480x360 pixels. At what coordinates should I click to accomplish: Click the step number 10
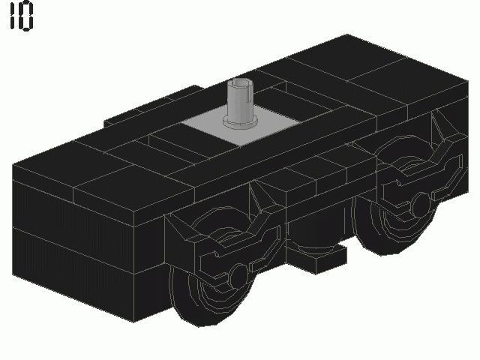(21, 17)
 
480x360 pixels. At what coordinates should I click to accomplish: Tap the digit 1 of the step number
(12, 17)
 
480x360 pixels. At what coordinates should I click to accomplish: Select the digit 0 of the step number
(27, 17)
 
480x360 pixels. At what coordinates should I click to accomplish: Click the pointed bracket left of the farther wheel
(375, 161)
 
